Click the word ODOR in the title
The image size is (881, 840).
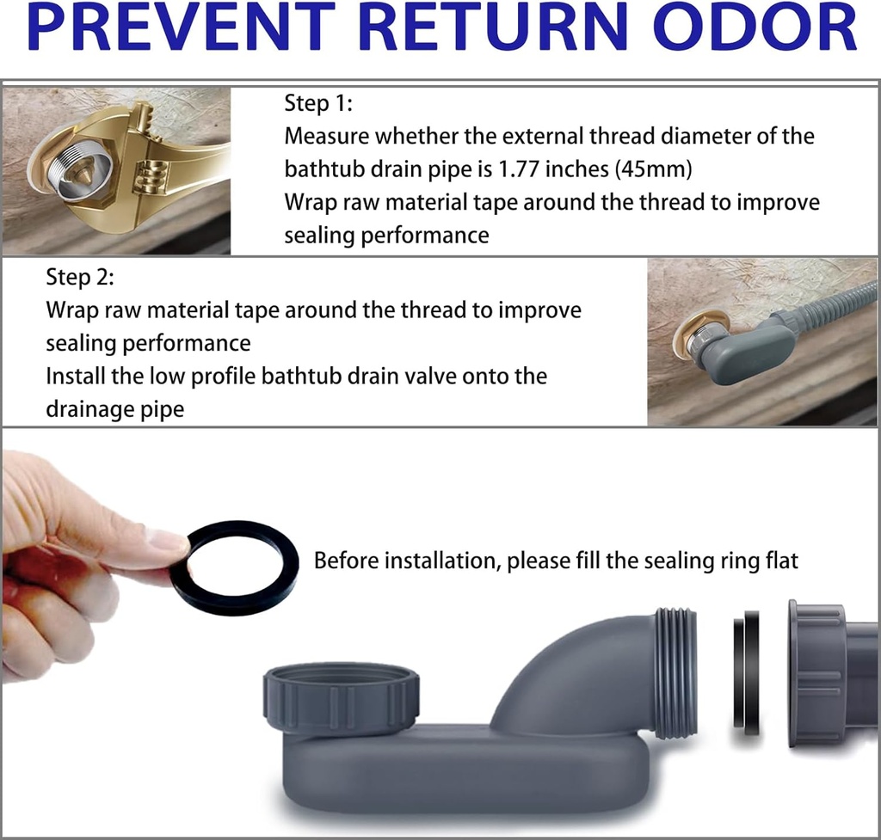[x=755, y=27]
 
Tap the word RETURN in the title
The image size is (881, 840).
[x=494, y=27]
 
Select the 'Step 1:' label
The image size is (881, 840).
[x=318, y=103]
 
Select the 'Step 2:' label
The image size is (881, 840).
[x=80, y=277]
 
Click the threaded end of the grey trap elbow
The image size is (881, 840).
[x=676, y=671]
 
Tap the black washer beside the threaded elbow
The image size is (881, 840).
[x=746, y=671]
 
